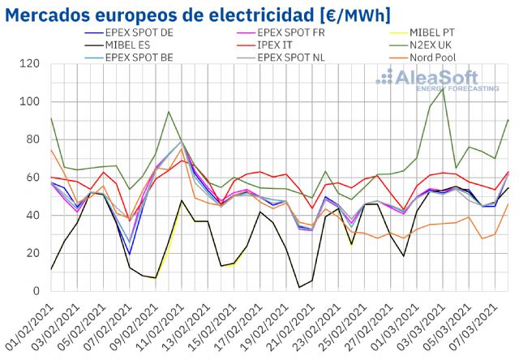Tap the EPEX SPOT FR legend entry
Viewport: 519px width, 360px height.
pos(291,33)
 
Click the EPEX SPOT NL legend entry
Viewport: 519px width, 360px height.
pos(291,58)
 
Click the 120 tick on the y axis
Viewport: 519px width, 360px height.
pos(30,64)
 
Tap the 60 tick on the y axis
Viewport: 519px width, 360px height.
pos(33,178)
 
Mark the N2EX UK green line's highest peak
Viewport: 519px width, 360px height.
pos(442,88)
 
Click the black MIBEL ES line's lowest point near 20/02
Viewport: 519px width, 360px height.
pos(299,287)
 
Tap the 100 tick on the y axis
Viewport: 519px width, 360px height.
pos(30,102)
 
